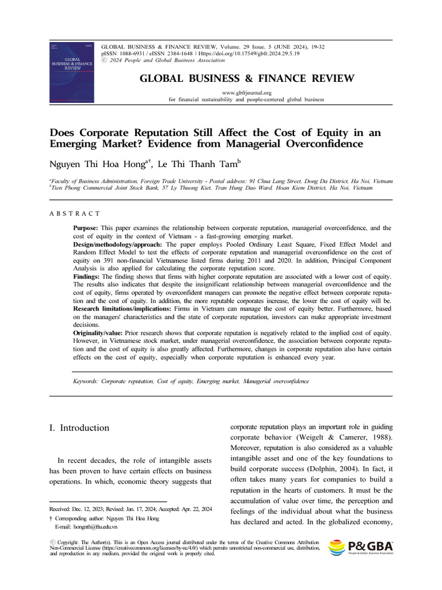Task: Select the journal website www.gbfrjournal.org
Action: click(246, 92)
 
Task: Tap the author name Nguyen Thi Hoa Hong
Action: click(96, 164)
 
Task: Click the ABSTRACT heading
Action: click(75, 214)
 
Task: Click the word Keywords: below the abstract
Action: click(85, 381)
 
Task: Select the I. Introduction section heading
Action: click(79, 428)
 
